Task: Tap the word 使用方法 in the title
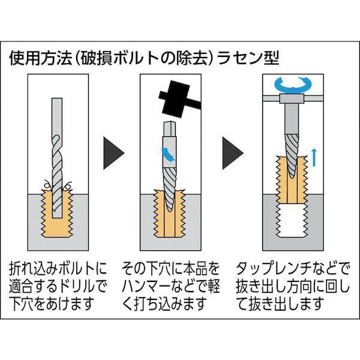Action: click(x=36, y=59)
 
